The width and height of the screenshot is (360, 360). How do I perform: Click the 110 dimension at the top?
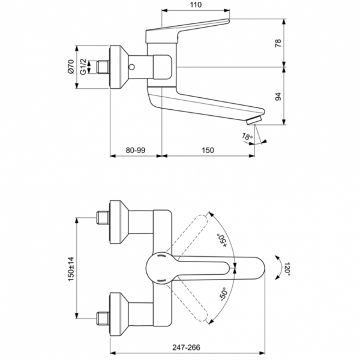(x=196, y=5)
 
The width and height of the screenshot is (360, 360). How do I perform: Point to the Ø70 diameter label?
(x=70, y=65)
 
